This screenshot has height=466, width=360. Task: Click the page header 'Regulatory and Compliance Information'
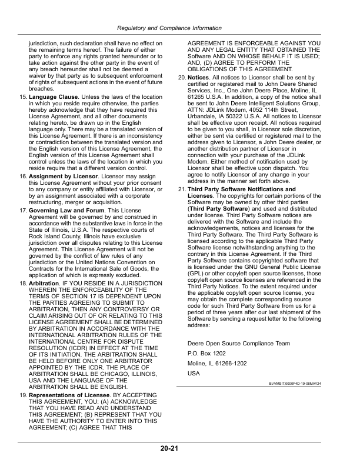(179, 28)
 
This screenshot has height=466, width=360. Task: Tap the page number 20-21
(179, 449)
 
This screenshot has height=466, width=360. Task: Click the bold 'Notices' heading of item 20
(198, 77)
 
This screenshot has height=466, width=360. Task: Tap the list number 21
(182, 173)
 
